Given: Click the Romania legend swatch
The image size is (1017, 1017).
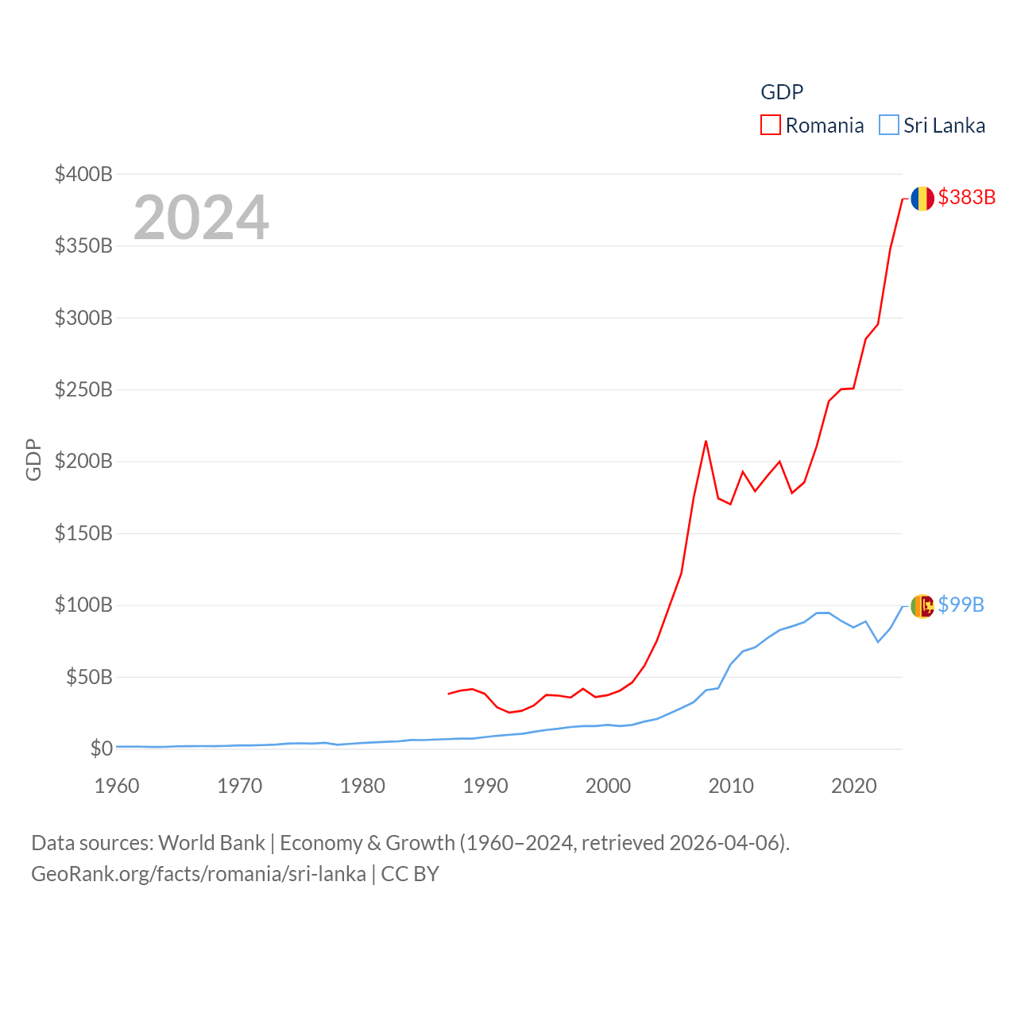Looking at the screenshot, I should pos(771,125).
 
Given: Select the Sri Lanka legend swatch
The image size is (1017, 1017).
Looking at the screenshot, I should pos(889,125).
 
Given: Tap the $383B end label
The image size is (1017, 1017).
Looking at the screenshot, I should pos(966,197).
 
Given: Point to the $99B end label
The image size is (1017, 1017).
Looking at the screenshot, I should pos(961,605).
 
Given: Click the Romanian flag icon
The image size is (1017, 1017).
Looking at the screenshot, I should pos(922,199).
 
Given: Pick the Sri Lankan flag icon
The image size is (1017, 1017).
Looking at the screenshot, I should pos(922,606).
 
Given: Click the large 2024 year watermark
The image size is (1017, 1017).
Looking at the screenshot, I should pos(201,218).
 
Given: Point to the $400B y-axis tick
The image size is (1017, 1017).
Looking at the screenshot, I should pos(83,174).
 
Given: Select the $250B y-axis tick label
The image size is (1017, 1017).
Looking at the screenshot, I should pos(83,389).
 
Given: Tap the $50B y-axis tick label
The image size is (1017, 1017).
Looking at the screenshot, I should pos(89,677).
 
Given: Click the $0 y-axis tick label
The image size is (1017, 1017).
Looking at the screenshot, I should pos(102,748).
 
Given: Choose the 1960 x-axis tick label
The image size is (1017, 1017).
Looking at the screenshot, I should pos(117,786).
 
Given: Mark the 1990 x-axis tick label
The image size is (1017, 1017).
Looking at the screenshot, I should pos(485,786).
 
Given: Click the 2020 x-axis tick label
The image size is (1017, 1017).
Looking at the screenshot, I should pos(854,786).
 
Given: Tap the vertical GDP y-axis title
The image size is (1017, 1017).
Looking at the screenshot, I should pos(33,459).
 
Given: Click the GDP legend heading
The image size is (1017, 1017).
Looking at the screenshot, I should pos(782,92).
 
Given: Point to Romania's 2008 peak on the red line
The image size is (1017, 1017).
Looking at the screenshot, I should pos(706,441).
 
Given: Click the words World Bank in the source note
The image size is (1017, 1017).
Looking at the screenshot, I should pos(211,842).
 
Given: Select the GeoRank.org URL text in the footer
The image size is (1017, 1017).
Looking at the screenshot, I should pos(199,874).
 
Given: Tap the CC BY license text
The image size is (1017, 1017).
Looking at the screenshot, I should pos(410,874).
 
